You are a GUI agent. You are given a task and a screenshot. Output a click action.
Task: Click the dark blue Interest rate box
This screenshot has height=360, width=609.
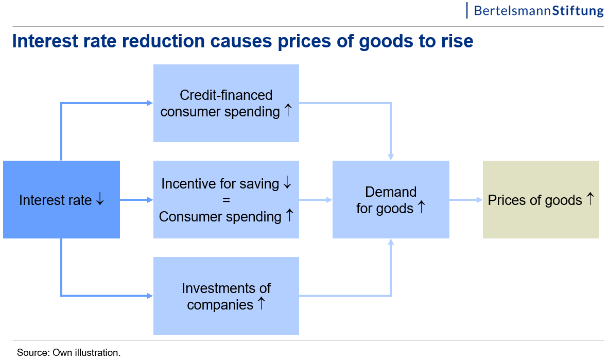pyautogui.click(x=61, y=199)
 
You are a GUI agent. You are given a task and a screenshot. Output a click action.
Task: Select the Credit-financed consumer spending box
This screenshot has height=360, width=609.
pyautogui.click(x=226, y=103)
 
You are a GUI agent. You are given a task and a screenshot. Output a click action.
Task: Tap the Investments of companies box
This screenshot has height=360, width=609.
pyautogui.click(x=226, y=296)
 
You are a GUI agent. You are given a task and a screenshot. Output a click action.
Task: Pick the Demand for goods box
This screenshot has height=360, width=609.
pyautogui.click(x=391, y=199)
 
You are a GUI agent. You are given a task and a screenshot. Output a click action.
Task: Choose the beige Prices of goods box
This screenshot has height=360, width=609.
pyautogui.click(x=541, y=199)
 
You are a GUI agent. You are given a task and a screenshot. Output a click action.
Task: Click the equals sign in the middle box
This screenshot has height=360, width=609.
pyautogui.click(x=226, y=200)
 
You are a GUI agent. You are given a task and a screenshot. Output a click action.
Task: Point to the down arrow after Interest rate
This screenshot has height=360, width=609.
pyautogui.click(x=100, y=199)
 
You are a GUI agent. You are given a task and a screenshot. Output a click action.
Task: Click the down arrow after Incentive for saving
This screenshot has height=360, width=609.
pyautogui.click(x=287, y=182)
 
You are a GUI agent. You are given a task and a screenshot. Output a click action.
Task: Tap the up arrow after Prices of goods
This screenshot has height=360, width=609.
pyautogui.click(x=590, y=199)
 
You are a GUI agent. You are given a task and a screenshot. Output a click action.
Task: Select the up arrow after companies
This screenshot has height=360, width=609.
pyautogui.click(x=262, y=303)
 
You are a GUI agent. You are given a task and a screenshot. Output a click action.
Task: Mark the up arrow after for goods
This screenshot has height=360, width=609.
pyautogui.click(x=422, y=207)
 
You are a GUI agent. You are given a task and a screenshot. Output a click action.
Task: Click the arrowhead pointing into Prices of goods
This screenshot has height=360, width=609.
pyautogui.click(x=479, y=200)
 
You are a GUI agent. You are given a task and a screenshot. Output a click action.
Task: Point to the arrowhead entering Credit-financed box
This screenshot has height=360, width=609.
pyautogui.click(x=150, y=103)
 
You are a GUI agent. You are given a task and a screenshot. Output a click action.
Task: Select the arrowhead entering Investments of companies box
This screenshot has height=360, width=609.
pyautogui.click(x=150, y=296)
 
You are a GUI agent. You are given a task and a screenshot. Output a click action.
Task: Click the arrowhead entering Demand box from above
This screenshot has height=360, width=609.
pyautogui.click(x=391, y=157)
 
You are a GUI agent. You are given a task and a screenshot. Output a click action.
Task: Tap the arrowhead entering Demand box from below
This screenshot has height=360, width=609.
pyautogui.click(x=391, y=242)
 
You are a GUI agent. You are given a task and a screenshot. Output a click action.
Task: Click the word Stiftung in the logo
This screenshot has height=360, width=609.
pyautogui.click(x=578, y=10)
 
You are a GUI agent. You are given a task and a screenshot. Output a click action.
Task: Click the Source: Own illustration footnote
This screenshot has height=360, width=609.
pyautogui.click(x=69, y=353)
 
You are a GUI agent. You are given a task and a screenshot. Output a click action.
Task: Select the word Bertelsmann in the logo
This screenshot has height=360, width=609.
pyautogui.click(x=512, y=10)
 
